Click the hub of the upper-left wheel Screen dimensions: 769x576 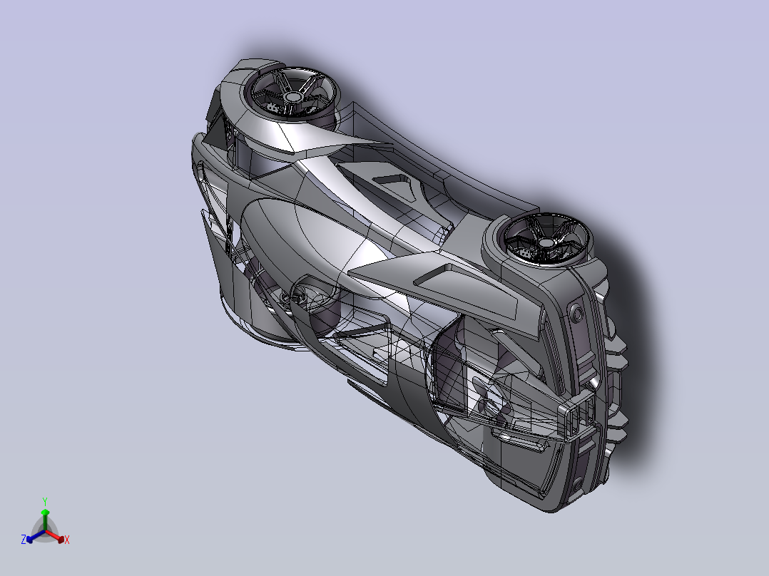pyautogui.click(x=292, y=96)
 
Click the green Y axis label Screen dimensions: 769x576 pyautogui.click(x=45, y=501)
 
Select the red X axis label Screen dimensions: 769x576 pyautogui.click(x=67, y=540)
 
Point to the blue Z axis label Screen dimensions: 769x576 pyautogui.click(x=24, y=539)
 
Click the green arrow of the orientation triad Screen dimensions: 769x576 pyautogui.click(x=45, y=520)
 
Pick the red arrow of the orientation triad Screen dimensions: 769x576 pyautogui.click(x=55, y=535)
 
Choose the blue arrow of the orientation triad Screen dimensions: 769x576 pyautogui.click(x=36, y=536)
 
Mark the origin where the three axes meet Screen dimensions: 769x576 pyautogui.click(x=45, y=531)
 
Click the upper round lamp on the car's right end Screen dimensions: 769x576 pyautogui.click(x=576, y=313)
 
